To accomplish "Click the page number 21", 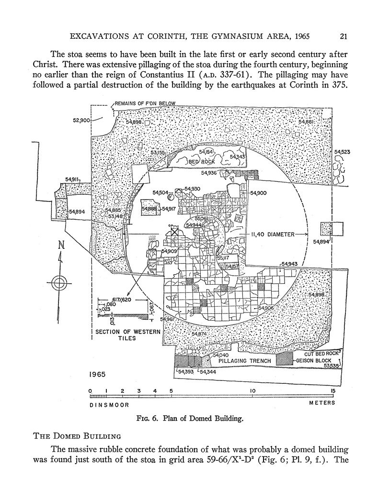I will click(x=343, y=35).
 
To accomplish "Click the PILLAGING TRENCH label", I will click(x=244, y=360).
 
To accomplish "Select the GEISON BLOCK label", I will click(x=314, y=360).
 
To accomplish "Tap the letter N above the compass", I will click(x=61, y=245).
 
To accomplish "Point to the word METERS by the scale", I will click(x=322, y=403).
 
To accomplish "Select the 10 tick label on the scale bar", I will click(x=252, y=391).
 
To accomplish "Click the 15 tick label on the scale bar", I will click(x=332, y=391).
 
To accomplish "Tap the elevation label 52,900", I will click(x=81, y=120).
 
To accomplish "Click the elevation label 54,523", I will click(x=343, y=152).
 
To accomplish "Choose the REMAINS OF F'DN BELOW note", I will click(x=145, y=103).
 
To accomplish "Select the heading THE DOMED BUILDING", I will click(x=77, y=436).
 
